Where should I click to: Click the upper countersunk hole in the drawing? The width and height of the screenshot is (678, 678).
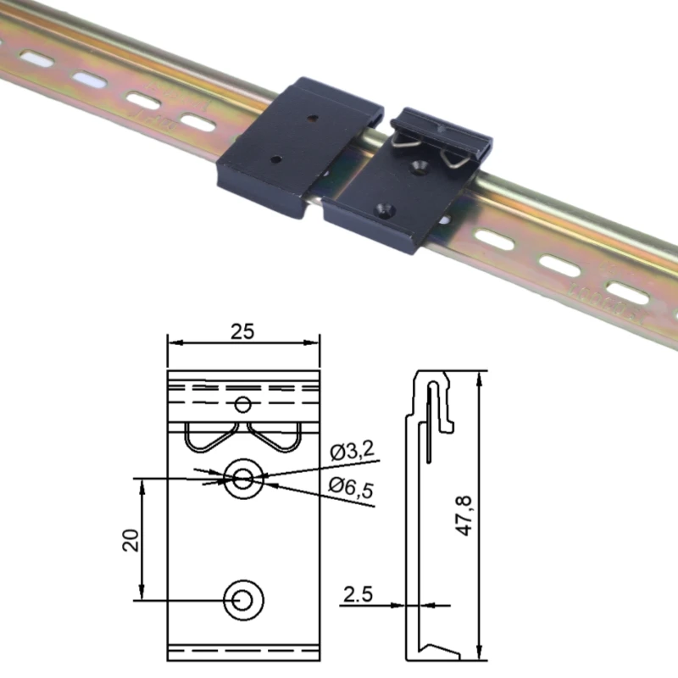click(243, 479)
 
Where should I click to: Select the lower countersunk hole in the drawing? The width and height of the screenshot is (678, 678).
click(242, 599)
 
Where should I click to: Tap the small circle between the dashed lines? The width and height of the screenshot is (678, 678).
click(243, 403)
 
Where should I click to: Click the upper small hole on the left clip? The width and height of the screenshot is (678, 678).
click(314, 118)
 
